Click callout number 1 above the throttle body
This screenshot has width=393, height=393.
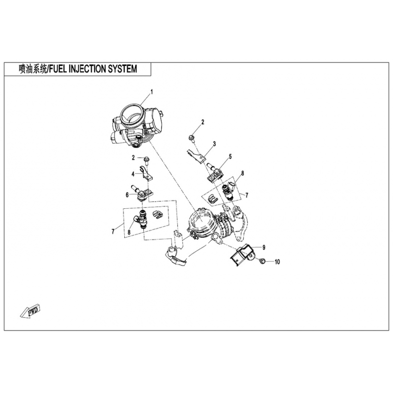(x=151, y=92)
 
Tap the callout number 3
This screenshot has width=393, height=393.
(x=214, y=144)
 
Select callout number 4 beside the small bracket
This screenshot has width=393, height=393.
(x=133, y=174)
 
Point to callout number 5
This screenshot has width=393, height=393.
(x=230, y=157)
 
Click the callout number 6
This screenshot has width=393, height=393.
(x=127, y=195)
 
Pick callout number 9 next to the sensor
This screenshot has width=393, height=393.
(x=264, y=248)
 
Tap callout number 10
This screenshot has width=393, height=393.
(x=277, y=262)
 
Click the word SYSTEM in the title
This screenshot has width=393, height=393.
(x=122, y=69)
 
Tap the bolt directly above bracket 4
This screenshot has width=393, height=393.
(x=146, y=161)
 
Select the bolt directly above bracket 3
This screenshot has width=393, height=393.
(x=192, y=139)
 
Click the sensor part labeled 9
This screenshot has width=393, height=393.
(x=242, y=254)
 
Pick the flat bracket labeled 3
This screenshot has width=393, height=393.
(x=197, y=156)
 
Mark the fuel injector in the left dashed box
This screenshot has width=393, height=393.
(x=141, y=219)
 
